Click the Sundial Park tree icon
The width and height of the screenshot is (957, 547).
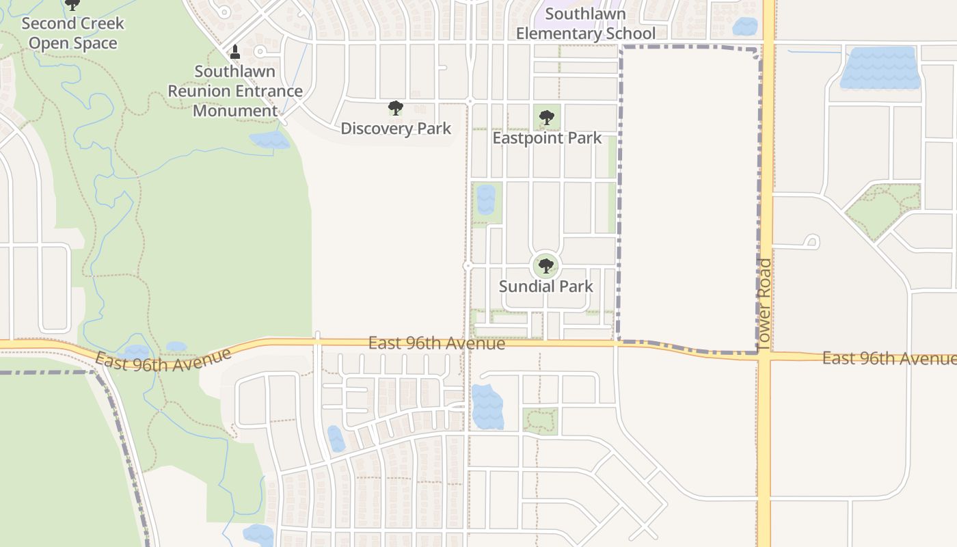tap(545, 266)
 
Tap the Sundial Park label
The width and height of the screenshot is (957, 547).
tap(545, 286)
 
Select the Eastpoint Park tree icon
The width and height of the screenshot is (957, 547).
tap(546, 118)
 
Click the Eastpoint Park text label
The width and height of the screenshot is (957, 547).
tap(547, 138)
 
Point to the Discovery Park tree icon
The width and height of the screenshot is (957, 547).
tap(395, 108)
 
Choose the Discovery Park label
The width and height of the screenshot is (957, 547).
tap(396, 129)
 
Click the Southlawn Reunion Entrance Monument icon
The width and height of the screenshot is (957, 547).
tap(235, 52)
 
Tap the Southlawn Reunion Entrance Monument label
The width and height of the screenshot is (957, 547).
tap(235, 91)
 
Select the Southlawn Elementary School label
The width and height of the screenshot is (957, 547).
tap(585, 24)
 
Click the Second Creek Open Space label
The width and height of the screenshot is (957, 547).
tap(72, 33)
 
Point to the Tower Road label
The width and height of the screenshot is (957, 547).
tap(764, 304)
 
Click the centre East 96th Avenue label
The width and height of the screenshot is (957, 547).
tap(437, 343)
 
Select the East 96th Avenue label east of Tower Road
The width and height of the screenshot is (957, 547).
tap(889, 358)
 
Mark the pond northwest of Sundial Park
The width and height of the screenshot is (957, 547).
tap(486, 199)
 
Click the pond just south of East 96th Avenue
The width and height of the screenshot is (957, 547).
tap(487, 406)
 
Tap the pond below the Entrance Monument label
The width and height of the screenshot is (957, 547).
tap(269, 140)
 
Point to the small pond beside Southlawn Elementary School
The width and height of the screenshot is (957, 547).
tap(744, 27)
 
